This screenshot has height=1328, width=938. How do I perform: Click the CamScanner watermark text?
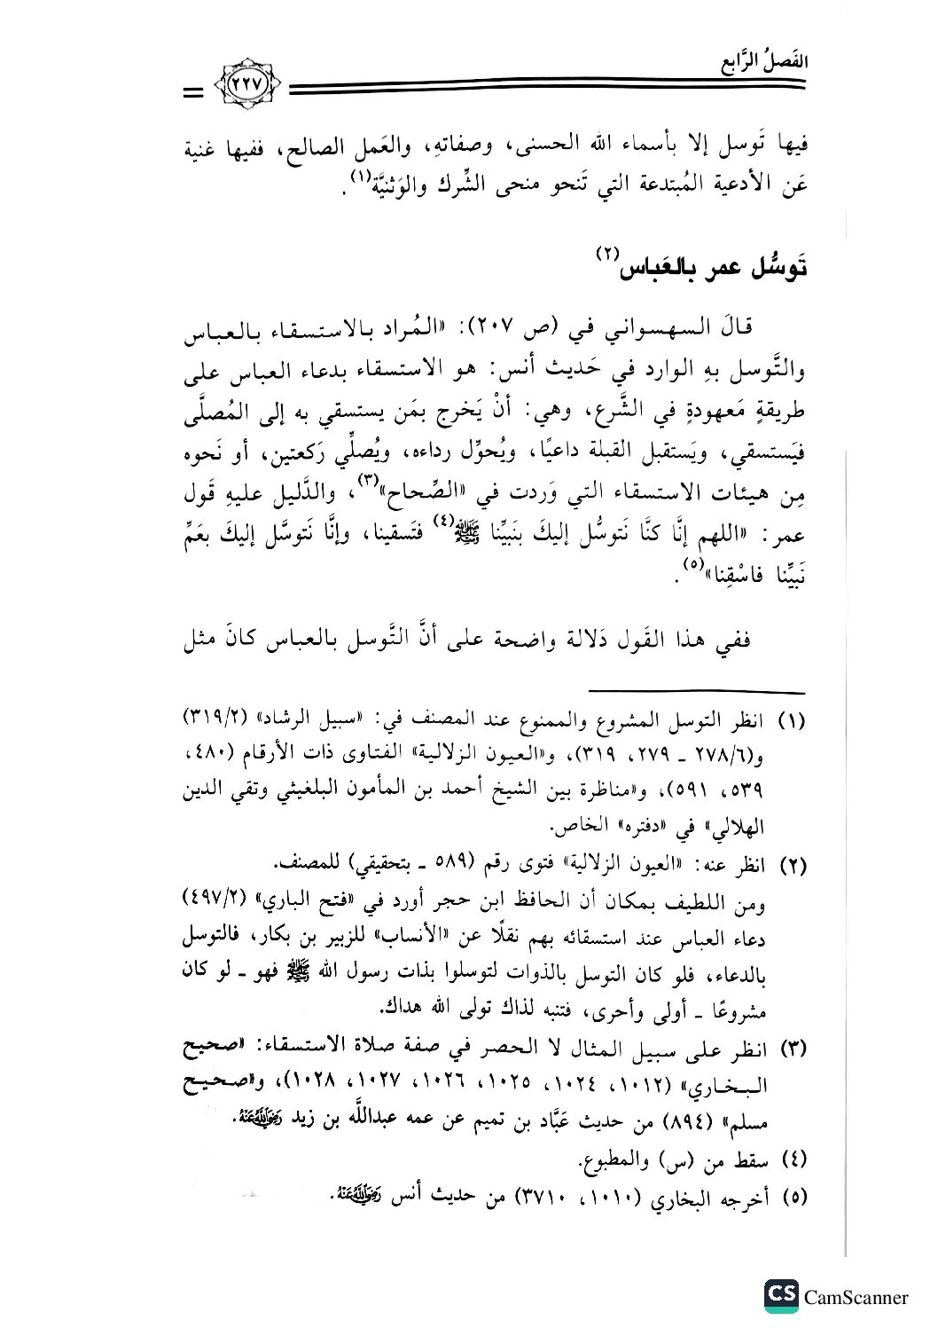pyautogui.click(x=856, y=1297)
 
